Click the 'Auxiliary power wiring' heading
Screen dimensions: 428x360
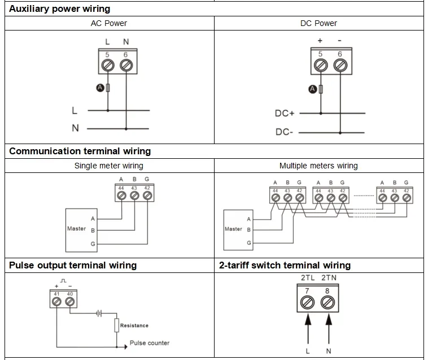(x=59, y=8)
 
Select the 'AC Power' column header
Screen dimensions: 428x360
(x=108, y=23)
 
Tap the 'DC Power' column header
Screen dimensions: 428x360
(x=318, y=23)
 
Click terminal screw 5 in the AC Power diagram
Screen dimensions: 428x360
(x=107, y=66)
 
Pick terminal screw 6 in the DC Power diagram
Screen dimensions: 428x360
(x=340, y=66)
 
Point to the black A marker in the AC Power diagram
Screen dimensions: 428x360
(x=100, y=88)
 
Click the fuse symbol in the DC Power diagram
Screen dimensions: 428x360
(x=321, y=89)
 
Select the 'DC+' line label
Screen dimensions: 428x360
(x=285, y=114)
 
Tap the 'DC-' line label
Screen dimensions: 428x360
(x=284, y=132)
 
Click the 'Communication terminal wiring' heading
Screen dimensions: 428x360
(x=80, y=151)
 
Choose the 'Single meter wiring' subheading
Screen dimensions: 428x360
(x=108, y=166)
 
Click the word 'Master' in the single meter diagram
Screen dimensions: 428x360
(x=76, y=229)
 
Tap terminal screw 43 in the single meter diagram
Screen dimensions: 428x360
(x=134, y=196)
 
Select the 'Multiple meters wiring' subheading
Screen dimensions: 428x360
(x=318, y=166)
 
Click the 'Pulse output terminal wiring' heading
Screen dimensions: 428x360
(x=73, y=265)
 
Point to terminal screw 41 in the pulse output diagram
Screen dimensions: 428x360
(x=56, y=302)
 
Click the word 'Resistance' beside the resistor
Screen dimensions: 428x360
(x=134, y=326)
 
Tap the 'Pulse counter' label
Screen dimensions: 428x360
(x=149, y=343)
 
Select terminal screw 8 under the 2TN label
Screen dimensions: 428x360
(x=328, y=303)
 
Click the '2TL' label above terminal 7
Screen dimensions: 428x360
(x=308, y=278)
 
